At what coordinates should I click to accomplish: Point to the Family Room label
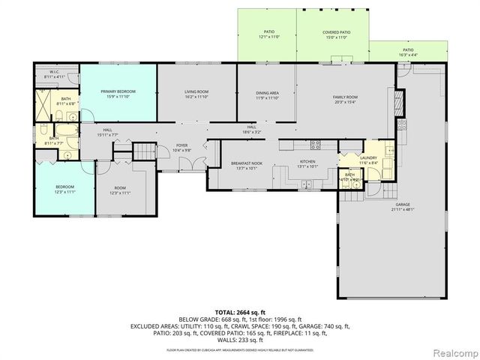click(x=345, y=97)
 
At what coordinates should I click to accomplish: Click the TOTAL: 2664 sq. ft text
click(x=241, y=311)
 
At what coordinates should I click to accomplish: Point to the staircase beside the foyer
click(x=142, y=153)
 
